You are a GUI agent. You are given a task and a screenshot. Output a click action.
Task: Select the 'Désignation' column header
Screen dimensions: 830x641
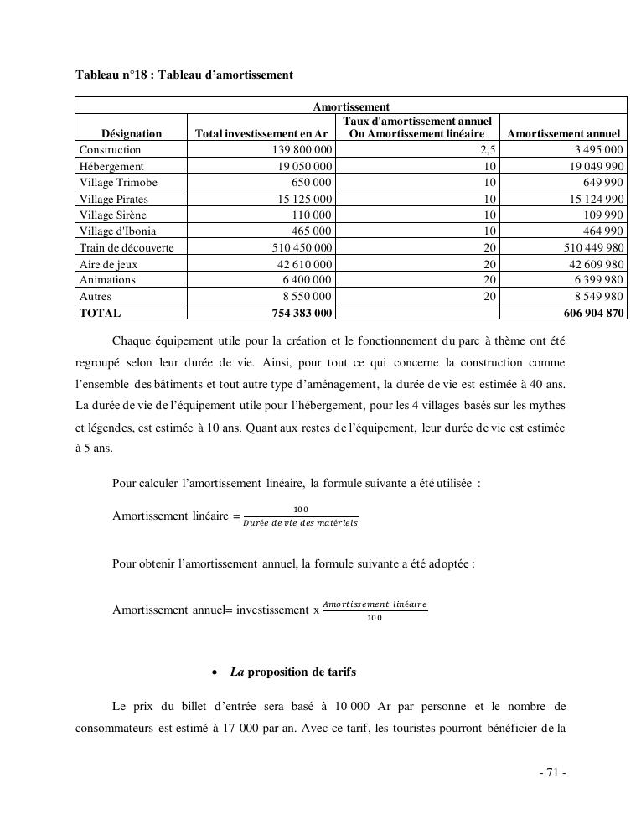coord(132,133)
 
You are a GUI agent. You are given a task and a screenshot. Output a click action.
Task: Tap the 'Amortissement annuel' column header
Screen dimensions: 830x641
coord(564,133)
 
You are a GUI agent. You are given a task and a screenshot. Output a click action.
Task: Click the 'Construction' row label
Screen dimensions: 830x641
coord(111,150)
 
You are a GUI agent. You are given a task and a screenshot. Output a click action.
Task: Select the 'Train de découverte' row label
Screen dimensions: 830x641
coord(127,247)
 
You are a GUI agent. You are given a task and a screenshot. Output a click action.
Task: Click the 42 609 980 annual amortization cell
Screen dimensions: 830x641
coord(592,264)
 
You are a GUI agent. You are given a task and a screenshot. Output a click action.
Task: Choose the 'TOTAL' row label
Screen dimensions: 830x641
coord(101,313)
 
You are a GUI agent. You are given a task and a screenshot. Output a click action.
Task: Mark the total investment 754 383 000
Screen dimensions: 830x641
coord(300,313)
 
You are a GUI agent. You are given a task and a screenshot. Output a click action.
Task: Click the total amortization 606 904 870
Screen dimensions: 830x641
coord(589,313)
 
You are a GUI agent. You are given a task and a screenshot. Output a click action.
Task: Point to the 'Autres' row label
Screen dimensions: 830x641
coord(96,296)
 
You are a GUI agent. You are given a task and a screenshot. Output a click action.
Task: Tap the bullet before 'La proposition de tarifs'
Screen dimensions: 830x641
coord(217,672)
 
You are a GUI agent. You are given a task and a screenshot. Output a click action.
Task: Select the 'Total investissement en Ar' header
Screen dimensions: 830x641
coord(261,133)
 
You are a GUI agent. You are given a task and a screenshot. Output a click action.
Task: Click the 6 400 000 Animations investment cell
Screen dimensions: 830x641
coord(307,280)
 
